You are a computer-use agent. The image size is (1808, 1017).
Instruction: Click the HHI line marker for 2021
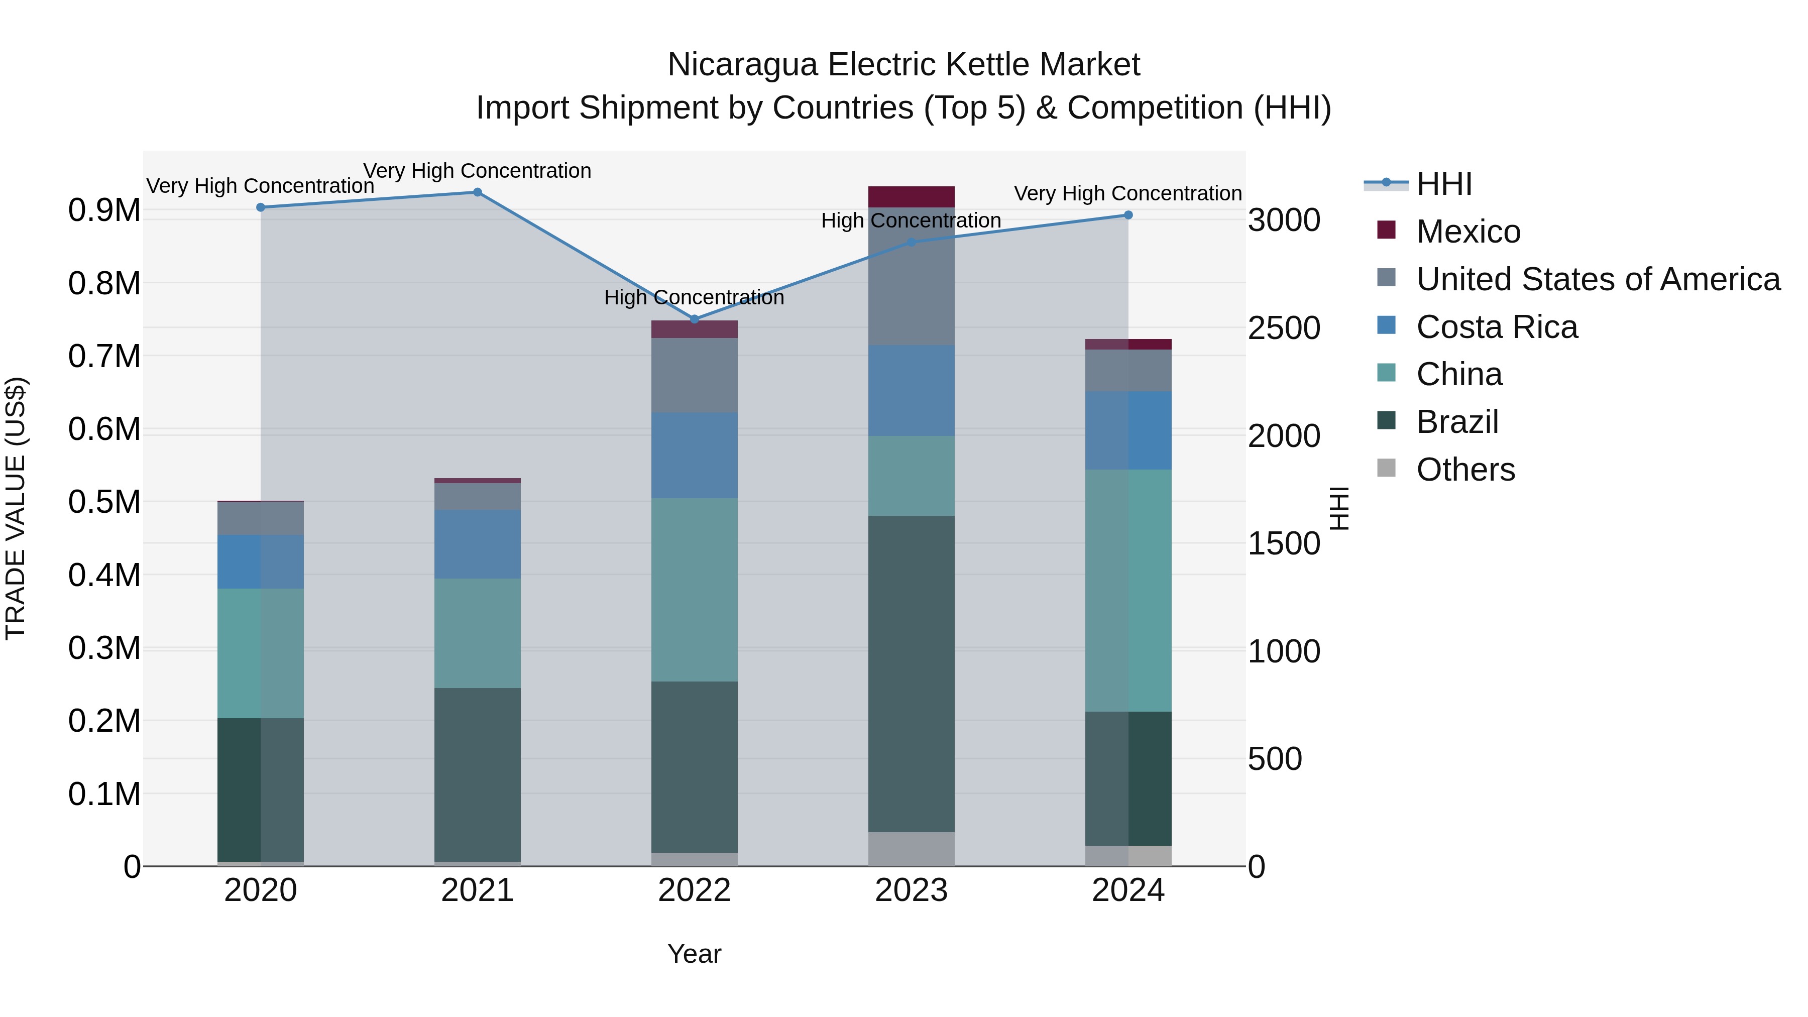coord(477,192)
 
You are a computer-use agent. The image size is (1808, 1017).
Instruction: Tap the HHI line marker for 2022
coord(694,319)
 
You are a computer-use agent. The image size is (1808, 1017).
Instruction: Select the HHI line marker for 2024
coord(1128,215)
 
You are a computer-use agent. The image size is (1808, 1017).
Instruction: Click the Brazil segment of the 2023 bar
coord(911,674)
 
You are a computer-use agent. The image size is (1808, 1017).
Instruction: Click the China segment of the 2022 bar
coord(694,590)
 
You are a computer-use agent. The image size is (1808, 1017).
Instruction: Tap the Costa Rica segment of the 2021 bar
coord(477,544)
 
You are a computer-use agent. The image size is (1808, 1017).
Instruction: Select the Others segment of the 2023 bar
coord(911,849)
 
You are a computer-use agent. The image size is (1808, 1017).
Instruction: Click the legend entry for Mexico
coord(1467,232)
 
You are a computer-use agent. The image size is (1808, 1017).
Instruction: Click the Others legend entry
coord(1465,470)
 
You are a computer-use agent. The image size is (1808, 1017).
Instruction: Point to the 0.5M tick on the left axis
coord(104,503)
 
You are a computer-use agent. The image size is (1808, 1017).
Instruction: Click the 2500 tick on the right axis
coord(1284,328)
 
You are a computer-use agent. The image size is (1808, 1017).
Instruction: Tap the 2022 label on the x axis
coord(694,890)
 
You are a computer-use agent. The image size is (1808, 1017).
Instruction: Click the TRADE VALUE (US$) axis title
coord(16,508)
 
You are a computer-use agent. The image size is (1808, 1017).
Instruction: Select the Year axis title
coord(694,954)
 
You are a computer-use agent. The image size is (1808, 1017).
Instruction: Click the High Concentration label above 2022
coord(694,298)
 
